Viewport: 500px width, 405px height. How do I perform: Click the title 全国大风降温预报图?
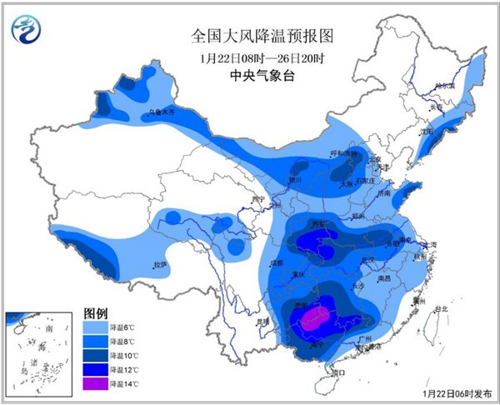pyautogui.click(x=251, y=36)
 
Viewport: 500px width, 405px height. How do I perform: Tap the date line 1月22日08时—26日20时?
pyautogui.click(x=251, y=58)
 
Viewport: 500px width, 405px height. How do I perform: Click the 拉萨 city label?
pyautogui.click(x=159, y=265)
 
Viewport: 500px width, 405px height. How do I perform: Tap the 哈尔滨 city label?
pyautogui.click(x=449, y=86)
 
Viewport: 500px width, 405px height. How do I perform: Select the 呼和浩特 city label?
pyautogui.click(x=342, y=153)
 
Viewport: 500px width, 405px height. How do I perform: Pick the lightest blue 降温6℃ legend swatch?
pyautogui.click(x=96, y=327)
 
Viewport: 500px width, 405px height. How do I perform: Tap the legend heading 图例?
pyautogui.click(x=96, y=312)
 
